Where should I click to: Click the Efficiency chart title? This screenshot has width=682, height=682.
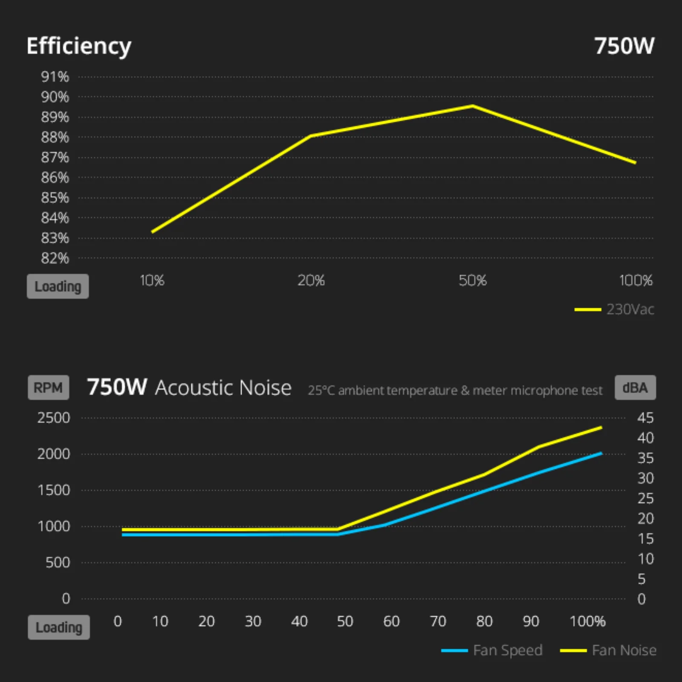[x=79, y=46]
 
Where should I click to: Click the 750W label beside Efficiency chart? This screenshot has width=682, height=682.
[x=624, y=46]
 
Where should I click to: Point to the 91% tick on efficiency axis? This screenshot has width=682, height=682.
[x=55, y=77]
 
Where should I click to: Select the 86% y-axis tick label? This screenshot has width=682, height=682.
[x=55, y=178]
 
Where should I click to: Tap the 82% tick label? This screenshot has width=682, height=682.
[x=55, y=258]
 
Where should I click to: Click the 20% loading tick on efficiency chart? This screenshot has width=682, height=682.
[x=311, y=280]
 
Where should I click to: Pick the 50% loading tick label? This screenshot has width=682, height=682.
[x=473, y=280]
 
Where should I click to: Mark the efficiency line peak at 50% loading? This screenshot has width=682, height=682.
[x=473, y=106]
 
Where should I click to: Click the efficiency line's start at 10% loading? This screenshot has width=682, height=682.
[x=153, y=232]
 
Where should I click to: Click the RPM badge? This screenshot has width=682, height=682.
[x=48, y=387]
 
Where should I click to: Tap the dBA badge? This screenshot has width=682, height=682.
[x=635, y=387]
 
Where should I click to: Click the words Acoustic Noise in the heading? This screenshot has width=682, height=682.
[x=223, y=388]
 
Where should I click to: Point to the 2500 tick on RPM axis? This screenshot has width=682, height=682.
[x=54, y=418]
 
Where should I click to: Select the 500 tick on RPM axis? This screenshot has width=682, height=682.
[x=58, y=563]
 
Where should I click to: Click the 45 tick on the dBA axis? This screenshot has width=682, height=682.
[x=645, y=418]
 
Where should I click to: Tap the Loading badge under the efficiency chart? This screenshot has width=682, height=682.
[x=58, y=286]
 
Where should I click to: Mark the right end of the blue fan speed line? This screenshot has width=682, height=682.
[x=601, y=453]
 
